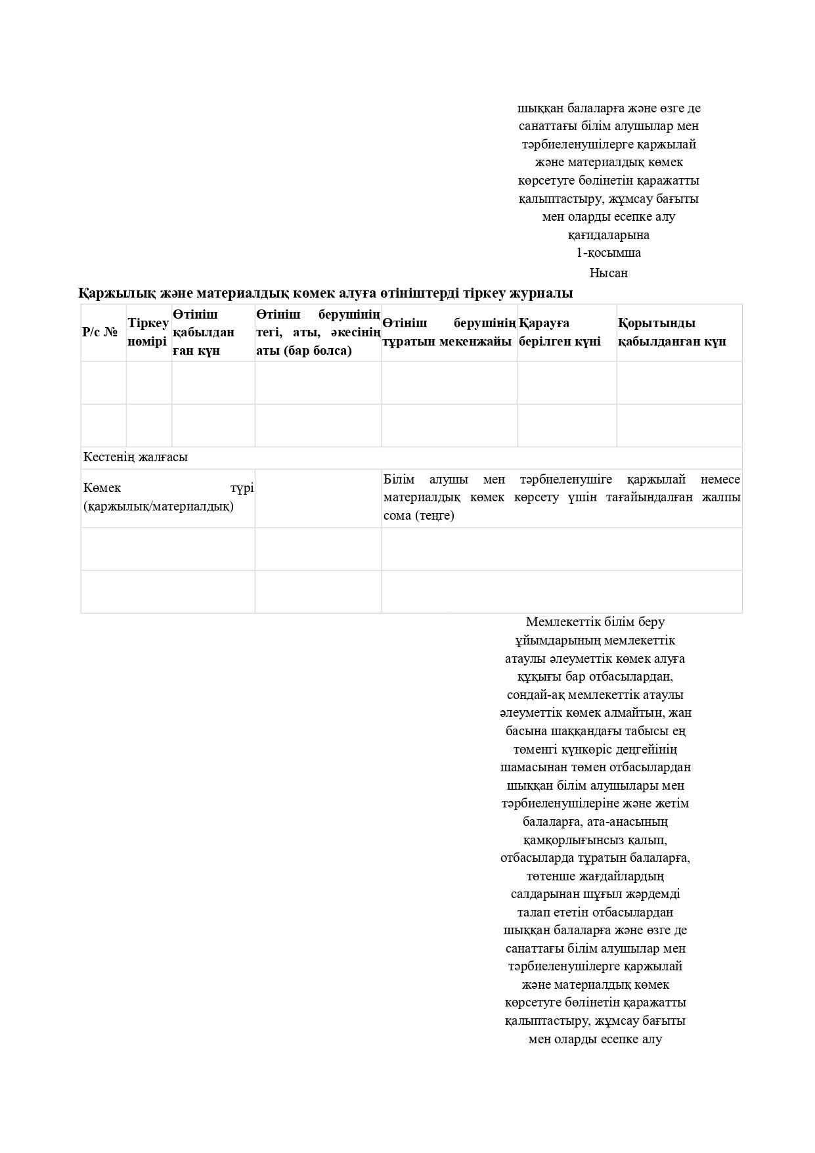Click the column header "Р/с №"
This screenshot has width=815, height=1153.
[99, 332]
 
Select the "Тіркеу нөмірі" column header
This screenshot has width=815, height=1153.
[148, 332]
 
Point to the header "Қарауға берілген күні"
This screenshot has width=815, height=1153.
[560, 332]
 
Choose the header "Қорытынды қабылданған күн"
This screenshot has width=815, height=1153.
[671, 332]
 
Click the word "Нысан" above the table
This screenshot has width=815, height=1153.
[608, 273]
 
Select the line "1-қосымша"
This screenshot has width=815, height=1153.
[608, 253]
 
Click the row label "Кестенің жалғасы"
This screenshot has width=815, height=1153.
[135, 457]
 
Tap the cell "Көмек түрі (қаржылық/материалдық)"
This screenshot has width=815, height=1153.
[168, 497]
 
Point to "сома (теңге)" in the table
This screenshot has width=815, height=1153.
[419, 516]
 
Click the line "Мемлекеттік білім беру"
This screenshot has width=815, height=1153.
[595, 622]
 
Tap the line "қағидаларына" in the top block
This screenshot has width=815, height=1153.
[608, 235]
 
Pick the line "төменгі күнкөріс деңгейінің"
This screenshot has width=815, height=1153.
[595, 750]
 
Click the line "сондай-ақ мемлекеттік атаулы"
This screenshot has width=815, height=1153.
[595, 695]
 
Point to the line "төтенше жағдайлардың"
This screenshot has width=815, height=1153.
[595, 876]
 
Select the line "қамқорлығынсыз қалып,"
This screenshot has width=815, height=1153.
[595, 840]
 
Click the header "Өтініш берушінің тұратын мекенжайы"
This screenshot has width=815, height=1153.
[449, 332]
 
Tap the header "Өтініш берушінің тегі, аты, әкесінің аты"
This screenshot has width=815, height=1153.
[318, 332]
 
